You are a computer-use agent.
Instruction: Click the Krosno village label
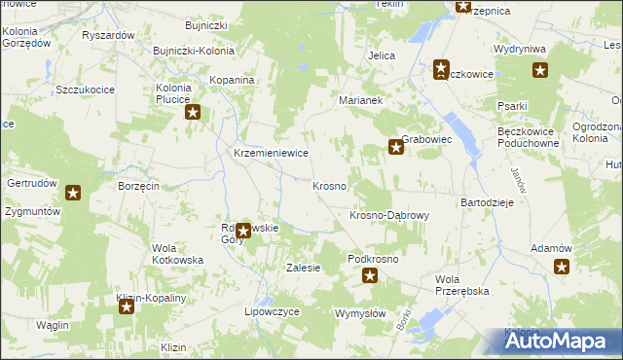click(329, 186)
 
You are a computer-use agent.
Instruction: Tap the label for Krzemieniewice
click(271, 154)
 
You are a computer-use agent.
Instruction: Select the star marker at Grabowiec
click(396, 148)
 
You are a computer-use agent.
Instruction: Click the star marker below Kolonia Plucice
click(193, 113)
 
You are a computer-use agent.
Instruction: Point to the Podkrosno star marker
click(370, 276)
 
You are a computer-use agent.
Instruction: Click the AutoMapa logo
click(561, 341)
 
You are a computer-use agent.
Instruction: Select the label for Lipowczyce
click(271, 312)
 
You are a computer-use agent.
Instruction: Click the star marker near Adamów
click(563, 267)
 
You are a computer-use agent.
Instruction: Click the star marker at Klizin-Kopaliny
click(127, 308)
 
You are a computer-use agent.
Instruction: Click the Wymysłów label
click(360, 313)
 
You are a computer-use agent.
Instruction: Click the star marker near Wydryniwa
click(540, 70)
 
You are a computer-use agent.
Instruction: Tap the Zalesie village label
click(303, 268)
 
